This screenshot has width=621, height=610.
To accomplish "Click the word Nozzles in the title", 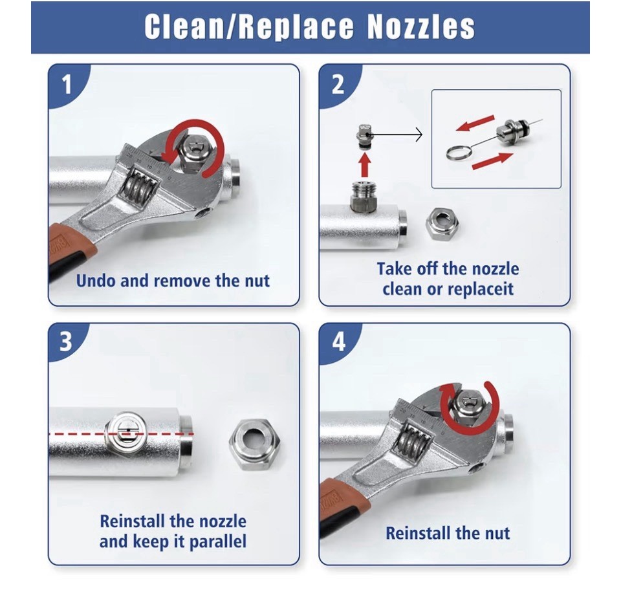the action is (421, 27).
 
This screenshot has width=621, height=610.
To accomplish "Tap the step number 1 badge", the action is (67, 84).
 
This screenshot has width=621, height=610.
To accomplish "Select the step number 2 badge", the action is (338, 84).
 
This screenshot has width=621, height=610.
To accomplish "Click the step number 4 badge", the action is (338, 341).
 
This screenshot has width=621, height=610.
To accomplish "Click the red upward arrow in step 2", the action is (365, 165).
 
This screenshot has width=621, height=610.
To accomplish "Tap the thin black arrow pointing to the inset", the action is (397, 135).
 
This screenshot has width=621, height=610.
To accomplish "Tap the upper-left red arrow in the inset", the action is (475, 123).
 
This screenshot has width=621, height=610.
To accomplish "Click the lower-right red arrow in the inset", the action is (493, 161).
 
